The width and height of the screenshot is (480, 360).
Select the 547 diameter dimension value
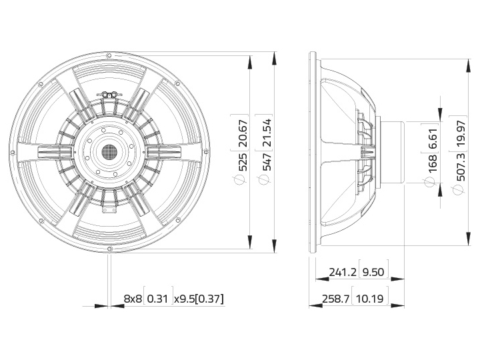click(x=266, y=162)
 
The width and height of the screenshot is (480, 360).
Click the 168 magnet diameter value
click(x=431, y=164)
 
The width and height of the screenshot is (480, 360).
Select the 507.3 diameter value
click(x=460, y=167)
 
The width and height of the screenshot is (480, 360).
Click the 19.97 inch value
click(x=460, y=133)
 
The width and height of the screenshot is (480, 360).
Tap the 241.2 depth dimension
click(x=343, y=272)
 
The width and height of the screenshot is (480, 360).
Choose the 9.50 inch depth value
click(x=373, y=272)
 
